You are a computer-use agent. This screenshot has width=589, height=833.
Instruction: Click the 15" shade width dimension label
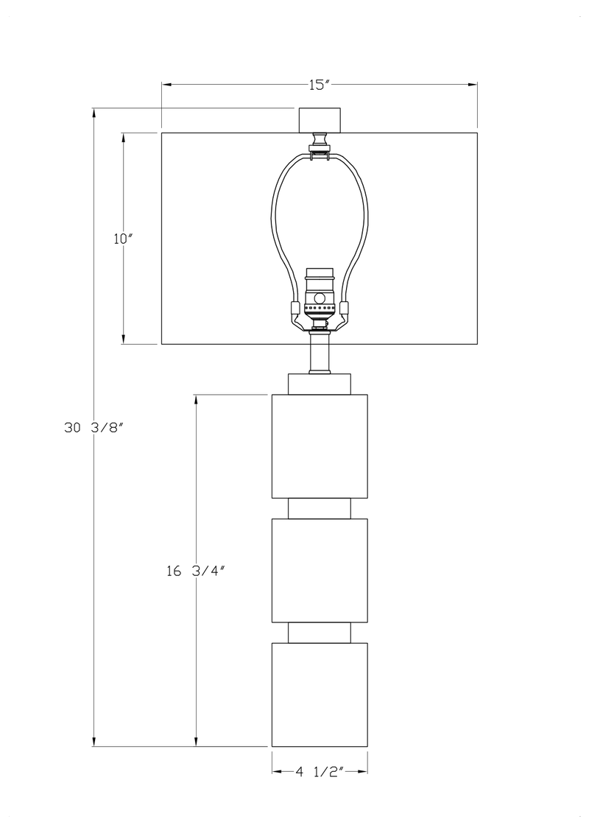click(x=320, y=85)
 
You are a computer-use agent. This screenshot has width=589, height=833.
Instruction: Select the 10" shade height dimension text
click(x=122, y=239)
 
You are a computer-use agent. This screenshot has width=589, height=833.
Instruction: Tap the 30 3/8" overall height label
click(x=94, y=427)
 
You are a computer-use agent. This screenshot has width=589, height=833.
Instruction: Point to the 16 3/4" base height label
click(x=197, y=571)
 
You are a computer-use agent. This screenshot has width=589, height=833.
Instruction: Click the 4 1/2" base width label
click(x=320, y=771)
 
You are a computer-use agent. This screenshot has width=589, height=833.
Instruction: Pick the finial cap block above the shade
click(x=320, y=120)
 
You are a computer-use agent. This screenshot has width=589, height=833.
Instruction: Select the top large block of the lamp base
click(x=320, y=446)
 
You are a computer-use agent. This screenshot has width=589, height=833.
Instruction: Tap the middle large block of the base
click(x=320, y=570)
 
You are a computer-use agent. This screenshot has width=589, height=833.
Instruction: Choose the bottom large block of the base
click(x=320, y=695)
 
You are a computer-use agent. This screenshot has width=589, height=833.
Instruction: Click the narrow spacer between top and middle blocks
click(x=320, y=508)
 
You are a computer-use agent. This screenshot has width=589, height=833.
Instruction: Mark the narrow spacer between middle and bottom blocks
click(x=320, y=633)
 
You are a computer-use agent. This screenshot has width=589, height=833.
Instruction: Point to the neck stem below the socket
click(x=320, y=352)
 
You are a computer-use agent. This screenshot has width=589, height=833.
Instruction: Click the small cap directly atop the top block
click(x=320, y=384)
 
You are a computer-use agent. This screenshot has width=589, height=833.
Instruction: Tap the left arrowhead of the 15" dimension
click(x=166, y=85)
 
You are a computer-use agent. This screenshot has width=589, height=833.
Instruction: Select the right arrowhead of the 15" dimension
click(x=473, y=85)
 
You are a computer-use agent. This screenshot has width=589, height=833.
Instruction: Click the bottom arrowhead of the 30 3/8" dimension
click(x=94, y=742)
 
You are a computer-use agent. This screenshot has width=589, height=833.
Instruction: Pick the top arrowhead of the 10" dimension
click(x=124, y=137)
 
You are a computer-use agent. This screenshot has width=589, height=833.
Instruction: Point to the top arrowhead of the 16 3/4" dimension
click(x=197, y=399)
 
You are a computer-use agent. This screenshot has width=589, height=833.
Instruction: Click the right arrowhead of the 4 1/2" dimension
click(x=363, y=771)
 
